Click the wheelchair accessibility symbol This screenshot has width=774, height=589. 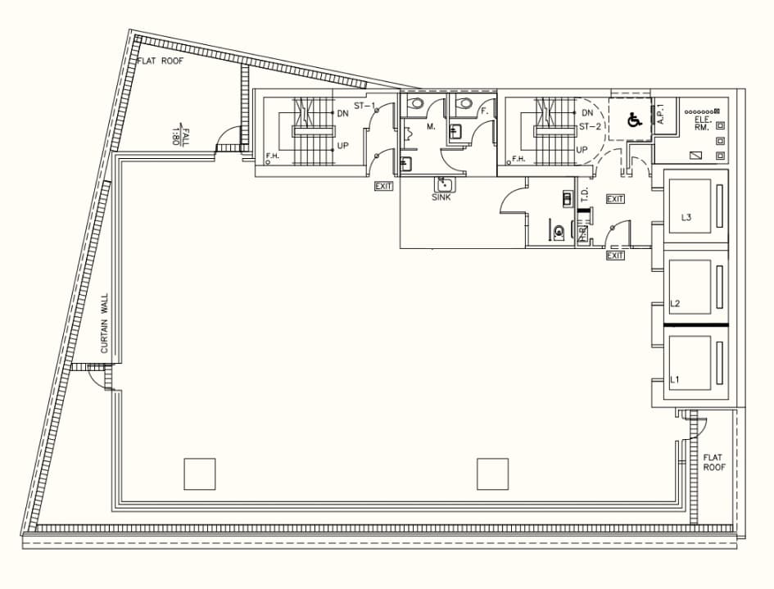(x=633, y=120)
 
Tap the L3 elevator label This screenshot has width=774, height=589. (x=686, y=217)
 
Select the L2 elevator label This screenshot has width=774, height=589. (x=676, y=304)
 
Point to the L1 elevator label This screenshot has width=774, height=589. (x=675, y=379)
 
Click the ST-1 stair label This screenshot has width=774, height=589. (x=364, y=106)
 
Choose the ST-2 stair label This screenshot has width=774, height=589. (x=591, y=127)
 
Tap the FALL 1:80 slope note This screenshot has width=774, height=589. (x=180, y=134)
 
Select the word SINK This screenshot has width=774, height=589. (x=441, y=197)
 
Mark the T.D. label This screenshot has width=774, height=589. (x=585, y=194)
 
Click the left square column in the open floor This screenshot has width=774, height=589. (x=199, y=473)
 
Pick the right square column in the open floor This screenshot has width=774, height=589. (x=492, y=473)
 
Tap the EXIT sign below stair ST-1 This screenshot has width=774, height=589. (x=383, y=186)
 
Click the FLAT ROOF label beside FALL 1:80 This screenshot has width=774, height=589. (x=161, y=61)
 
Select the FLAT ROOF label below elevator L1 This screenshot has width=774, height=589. (x=713, y=462)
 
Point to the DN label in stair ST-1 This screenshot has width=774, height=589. (x=343, y=113)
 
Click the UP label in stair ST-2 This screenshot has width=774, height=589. (x=582, y=149)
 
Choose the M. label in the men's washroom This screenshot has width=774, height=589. (x=431, y=127)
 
